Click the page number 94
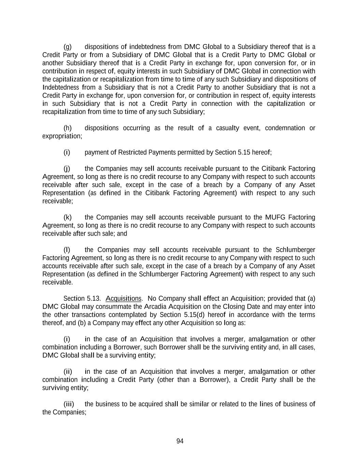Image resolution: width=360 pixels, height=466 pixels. click(180, 441)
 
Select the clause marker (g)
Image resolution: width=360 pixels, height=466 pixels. click(68, 47)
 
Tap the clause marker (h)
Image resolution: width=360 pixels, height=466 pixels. click(68, 128)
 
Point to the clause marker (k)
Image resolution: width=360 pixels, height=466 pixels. click(68, 217)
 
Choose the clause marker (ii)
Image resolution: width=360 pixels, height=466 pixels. click(68, 372)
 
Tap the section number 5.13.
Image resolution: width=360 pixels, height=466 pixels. click(93, 299)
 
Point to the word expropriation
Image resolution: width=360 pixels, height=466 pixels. click(62, 136)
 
